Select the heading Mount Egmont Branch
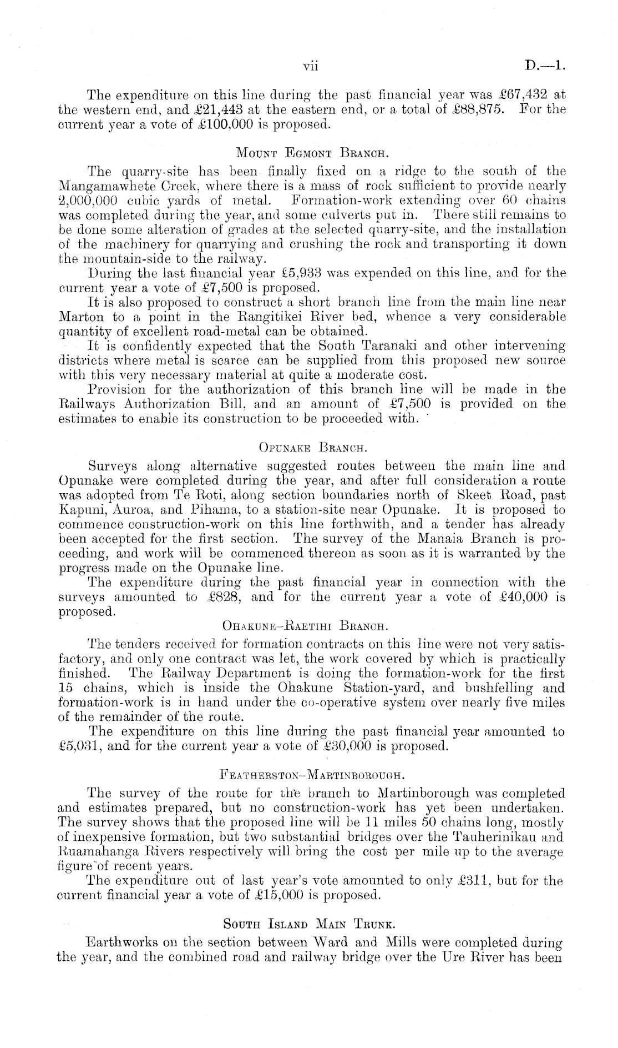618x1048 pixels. click(308, 152)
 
